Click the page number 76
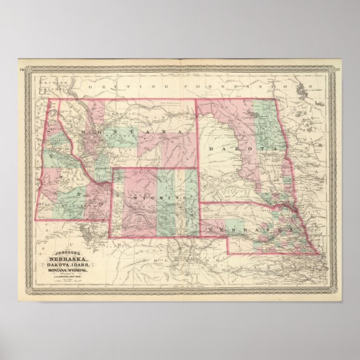pos(21,70)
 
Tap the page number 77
pos(338,70)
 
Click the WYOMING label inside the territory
pos(154,197)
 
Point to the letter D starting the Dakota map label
pos(212,149)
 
